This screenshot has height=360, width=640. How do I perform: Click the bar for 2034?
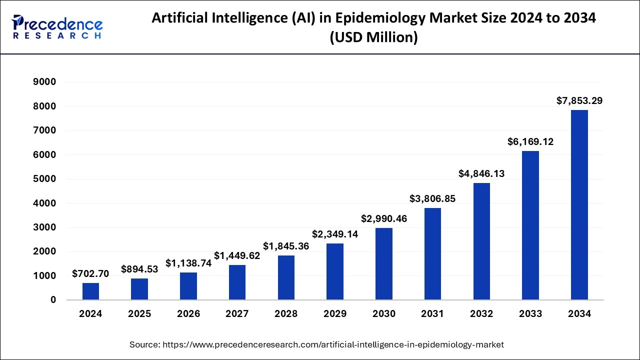click(579, 205)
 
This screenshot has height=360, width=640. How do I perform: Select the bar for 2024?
click(90, 291)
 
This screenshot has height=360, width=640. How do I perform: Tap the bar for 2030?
click(384, 264)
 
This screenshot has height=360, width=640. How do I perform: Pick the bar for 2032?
click(481, 241)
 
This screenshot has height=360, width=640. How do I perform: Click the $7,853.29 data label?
click(579, 101)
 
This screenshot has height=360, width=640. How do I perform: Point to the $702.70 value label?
click(90, 273)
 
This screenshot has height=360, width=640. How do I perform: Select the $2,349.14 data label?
click(335, 234)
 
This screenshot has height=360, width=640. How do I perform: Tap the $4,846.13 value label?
click(481, 174)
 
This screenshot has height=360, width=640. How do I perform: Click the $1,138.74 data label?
click(188, 263)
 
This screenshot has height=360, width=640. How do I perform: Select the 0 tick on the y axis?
click(52, 300)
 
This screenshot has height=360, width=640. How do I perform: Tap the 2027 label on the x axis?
click(237, 314)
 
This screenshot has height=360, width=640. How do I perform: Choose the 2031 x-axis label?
click(432, 314)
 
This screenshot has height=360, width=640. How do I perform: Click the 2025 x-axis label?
click(139, 314)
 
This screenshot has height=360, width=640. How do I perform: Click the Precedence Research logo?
click(57, 27)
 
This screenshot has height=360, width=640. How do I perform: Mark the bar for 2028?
click(286, 277)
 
